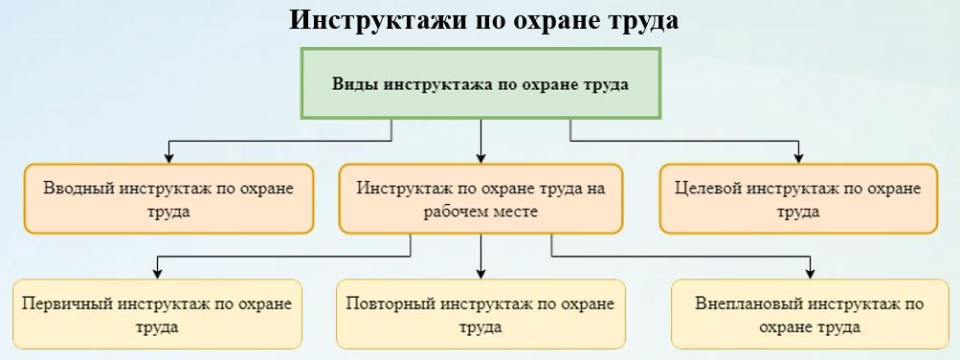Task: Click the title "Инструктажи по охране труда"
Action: coord(483,20)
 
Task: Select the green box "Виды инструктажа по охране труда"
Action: coord(480,83)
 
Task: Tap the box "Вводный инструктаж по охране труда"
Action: coord(168,198)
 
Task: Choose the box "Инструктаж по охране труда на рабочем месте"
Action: coord(480,198)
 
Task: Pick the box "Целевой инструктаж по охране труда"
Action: coord(798,198)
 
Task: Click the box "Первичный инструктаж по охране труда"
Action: coord(157,314)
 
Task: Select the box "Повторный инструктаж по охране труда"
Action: coord(480,314)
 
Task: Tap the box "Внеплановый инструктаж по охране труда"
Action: coord(810,314)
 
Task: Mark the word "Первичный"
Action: coord(67,304)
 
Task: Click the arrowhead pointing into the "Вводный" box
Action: coord(169,157)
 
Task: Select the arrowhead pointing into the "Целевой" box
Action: coord(798,157)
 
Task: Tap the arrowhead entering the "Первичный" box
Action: coord(157,273)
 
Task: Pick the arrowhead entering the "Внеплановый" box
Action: coord(811,273)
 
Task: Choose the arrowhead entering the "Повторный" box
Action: coord(480,273)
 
